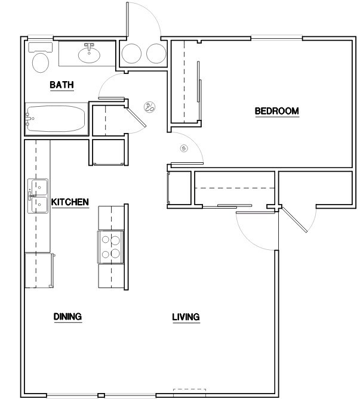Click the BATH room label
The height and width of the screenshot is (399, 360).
(61, 85)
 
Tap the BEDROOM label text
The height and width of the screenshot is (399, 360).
(276, 111)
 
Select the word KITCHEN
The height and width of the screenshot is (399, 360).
(70, 202)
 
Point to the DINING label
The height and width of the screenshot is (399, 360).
(67, 317)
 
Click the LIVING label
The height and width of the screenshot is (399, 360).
(186, 317)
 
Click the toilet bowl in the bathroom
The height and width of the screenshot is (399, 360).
(41, 63)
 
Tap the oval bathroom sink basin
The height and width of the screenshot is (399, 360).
(89, 55)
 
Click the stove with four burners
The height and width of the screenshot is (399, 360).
(110, 247)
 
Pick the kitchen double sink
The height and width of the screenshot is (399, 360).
(38, 196)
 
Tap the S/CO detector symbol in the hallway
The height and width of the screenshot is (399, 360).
(150, 107)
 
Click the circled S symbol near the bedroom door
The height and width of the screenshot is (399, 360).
(183, 148)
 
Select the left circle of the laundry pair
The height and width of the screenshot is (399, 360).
(131, 54)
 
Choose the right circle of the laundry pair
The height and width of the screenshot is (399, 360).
(155, 54)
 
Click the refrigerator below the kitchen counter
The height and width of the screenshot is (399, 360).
(39, 270)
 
